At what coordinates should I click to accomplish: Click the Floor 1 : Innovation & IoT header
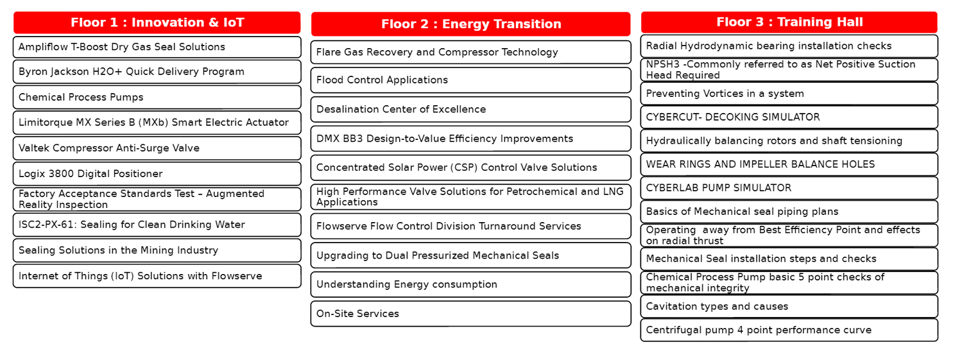click(157, 22)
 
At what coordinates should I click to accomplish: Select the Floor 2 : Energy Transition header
click(470, 24)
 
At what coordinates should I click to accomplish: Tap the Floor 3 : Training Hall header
click(789, 22)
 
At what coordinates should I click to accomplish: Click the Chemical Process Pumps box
click(157, 97)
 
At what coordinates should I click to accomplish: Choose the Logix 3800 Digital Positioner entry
click(157, 174)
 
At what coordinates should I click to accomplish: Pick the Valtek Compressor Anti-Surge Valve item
click(157, 148)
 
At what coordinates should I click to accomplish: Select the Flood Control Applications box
click(470, 80)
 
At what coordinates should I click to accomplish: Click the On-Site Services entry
click(470, 314)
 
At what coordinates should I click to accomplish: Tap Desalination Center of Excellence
click(470, 109)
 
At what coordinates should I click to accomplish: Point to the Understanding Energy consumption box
click(470, 284)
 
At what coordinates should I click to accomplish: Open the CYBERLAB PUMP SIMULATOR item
click(789, 187)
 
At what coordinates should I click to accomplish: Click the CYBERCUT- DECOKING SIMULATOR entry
click(789, 117)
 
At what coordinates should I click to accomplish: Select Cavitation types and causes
click(789, 306)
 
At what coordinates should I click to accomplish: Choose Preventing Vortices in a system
click(789, 94)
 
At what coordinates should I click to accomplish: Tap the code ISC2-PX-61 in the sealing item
click(46, 224)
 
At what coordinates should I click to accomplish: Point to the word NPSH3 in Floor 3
click(663, 64)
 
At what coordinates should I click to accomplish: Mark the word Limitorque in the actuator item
click(46, 123)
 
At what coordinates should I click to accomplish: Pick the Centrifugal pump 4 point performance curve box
click(789, 330)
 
